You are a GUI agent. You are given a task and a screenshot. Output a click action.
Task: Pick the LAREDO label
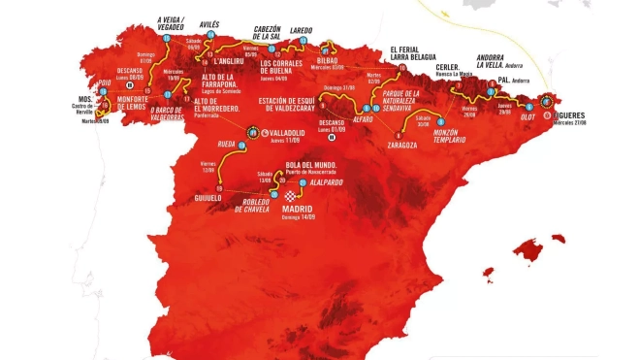pyautogui.click(x=301, y=31)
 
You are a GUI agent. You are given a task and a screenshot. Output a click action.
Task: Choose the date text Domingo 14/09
pyautogui.click(x=302, y=218)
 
